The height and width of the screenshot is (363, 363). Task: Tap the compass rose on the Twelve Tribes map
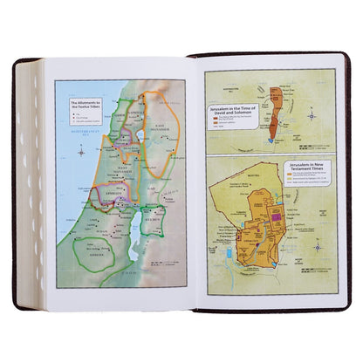coord(80,152)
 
